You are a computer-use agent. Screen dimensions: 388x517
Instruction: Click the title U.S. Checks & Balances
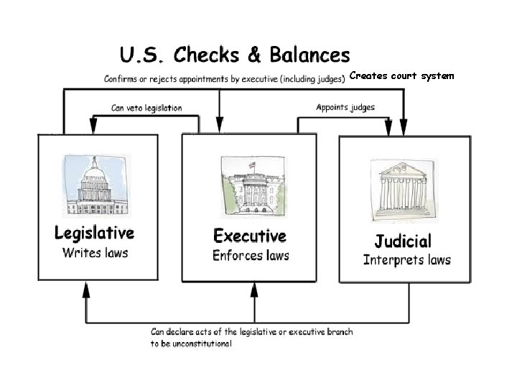235,55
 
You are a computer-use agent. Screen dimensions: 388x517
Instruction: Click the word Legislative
94,233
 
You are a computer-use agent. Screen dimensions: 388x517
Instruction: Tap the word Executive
250,236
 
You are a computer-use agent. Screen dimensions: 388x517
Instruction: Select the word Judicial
403,241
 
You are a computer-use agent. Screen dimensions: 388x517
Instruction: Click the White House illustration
251,188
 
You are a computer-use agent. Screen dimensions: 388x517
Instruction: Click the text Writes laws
95,252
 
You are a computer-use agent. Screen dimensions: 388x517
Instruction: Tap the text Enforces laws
251,255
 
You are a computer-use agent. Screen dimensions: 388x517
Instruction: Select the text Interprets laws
407,259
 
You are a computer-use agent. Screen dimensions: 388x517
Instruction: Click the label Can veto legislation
146,108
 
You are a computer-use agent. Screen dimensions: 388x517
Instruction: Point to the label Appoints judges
345,107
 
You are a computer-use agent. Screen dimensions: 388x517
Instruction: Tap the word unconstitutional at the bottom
191,344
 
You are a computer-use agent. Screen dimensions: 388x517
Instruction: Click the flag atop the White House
252,165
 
